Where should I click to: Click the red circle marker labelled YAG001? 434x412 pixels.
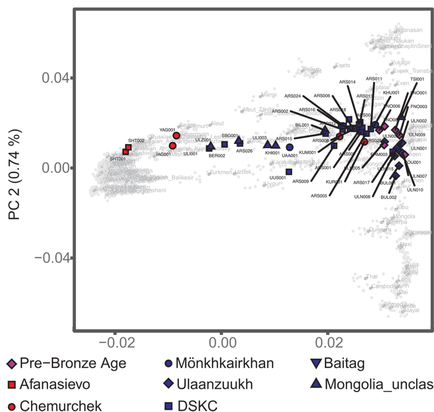coord(176,136)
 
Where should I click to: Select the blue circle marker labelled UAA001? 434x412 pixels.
coord(290,147)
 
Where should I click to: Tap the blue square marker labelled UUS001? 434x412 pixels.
coord(289,172)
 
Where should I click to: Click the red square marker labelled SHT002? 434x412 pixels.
coord(128,147)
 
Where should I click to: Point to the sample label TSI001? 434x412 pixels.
coord(417,79)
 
